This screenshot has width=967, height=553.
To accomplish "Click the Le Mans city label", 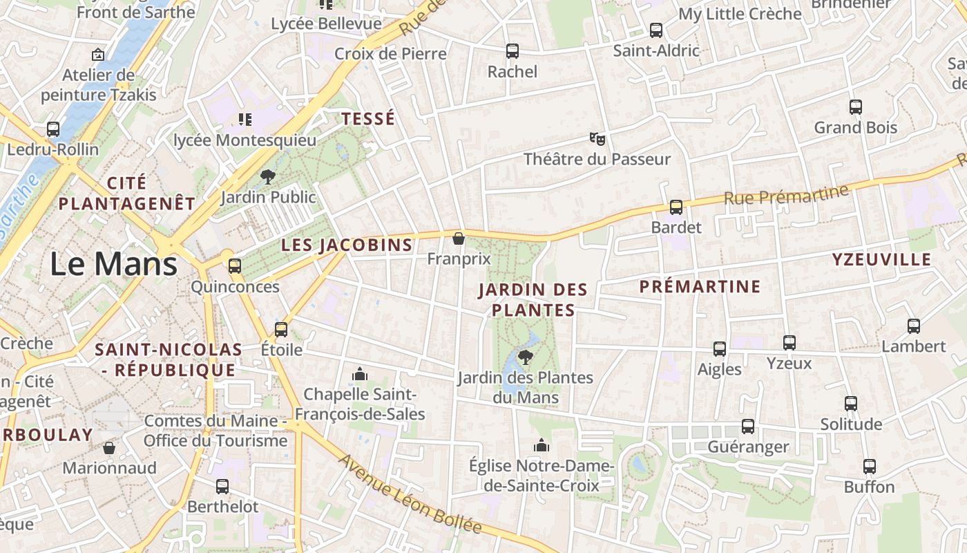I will click(x=114, y=264).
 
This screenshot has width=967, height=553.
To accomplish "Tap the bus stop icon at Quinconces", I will click(x=235, y=265).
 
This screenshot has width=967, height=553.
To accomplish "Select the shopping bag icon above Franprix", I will click(x=458, y=238).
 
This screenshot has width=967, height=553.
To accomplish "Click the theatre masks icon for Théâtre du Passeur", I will click(x=597, y=138).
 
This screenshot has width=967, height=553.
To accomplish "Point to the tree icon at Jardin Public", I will click(x=267, y=177).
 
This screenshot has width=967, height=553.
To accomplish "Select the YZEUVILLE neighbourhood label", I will click(x=881, y=260).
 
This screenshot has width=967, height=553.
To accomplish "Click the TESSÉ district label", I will click(x=368, y=119).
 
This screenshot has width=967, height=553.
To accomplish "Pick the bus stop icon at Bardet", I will click(x=676, y=207).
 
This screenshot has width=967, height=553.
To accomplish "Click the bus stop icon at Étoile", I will click(x=281, y=329).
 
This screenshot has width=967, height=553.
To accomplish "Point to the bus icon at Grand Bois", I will click(x=856, y=107).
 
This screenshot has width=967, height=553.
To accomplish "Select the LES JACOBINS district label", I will click(x=347, y=245).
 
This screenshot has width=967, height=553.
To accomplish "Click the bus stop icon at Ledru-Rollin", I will click(x=53, y=129).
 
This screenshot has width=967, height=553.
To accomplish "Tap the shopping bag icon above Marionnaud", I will click(x=109, y=447).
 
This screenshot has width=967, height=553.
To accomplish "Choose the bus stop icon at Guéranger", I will click(x=748, y=427).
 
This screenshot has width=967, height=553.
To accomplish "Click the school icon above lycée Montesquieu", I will click(x=245, y=120).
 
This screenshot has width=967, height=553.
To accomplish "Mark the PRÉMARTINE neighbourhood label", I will click(x=700, y=287).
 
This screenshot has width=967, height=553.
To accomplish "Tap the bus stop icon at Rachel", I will click(x=512, y=50).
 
